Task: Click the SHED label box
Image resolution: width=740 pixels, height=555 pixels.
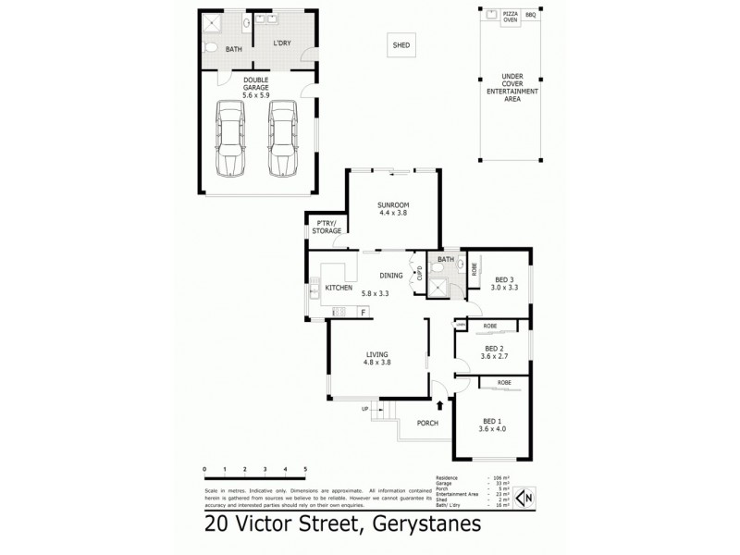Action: coord(401,44)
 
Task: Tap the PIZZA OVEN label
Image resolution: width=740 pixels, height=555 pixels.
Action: coord(510,18)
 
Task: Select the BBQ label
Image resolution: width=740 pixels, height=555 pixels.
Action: coord(531,16)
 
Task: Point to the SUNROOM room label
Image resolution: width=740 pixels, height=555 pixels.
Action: coord(393,204)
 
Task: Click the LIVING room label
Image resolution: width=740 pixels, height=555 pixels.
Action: coord(377,353)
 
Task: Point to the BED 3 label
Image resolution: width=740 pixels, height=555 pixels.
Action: coord(504,279)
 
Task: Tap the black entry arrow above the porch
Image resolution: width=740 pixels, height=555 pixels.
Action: coord(439,402)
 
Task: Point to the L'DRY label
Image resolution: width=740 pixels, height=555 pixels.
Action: coord(281,43)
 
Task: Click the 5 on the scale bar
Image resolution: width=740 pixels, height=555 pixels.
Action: coord(304,469)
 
